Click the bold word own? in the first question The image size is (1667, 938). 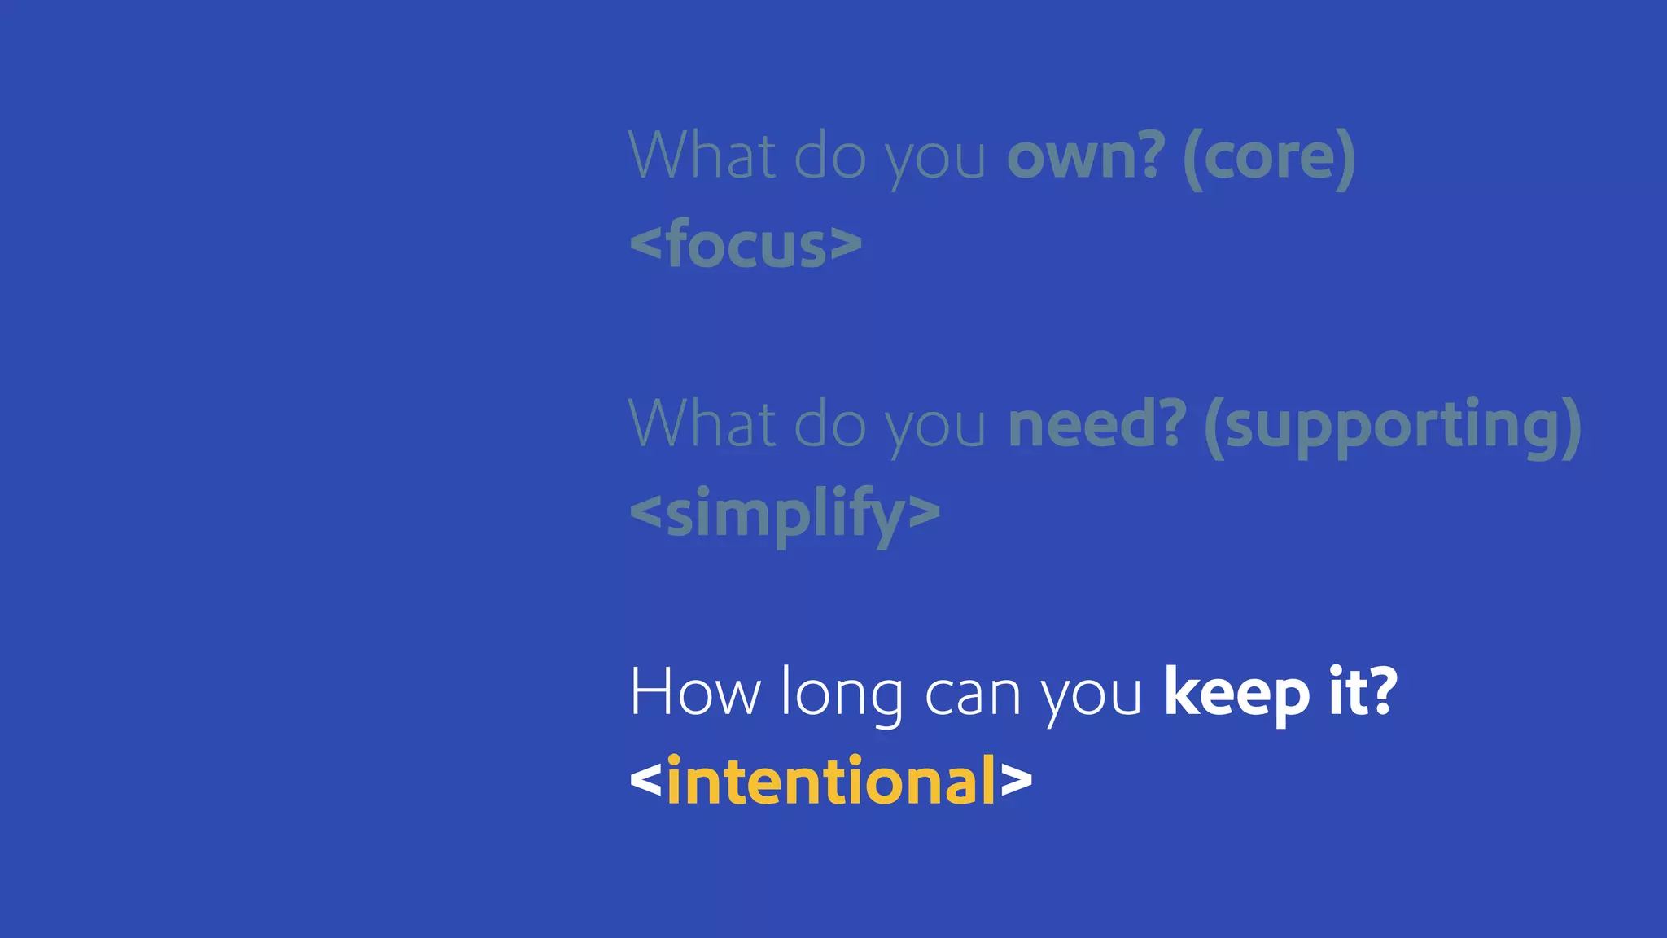(1086, 156)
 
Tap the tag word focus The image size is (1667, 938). (746, 243)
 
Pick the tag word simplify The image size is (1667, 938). (785, 514)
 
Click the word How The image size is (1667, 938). (694, 693)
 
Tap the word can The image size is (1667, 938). (973, 696)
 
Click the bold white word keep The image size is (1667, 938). (1236, 693)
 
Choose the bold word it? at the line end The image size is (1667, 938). (1363, 691)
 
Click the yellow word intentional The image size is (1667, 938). (831, 781)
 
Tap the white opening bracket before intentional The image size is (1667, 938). (646, 781)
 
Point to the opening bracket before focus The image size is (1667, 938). (646, 243)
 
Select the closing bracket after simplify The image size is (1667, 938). (924, 513)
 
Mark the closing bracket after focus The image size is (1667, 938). (847, 243)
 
